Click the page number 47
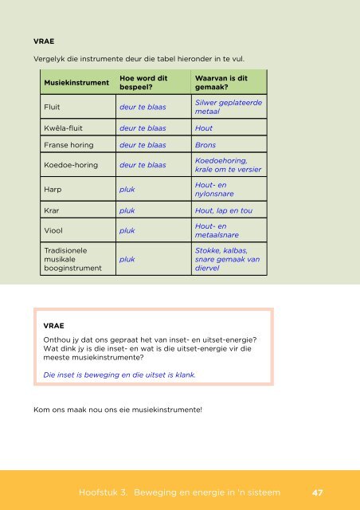click(317, 492)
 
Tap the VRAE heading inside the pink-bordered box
click(53, 326)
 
